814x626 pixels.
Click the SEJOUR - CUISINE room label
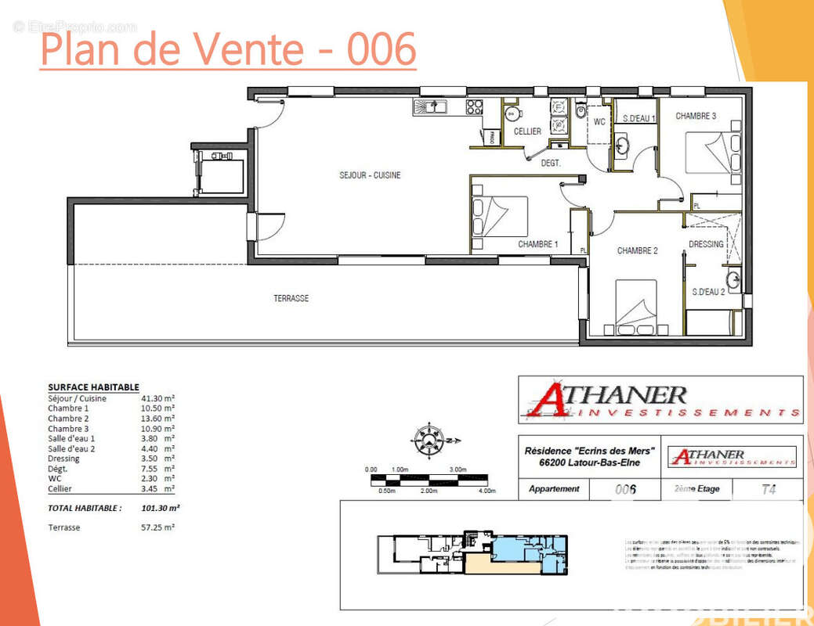pyautogui.click(x=364, y=175)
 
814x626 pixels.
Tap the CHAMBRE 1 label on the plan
pyautogui.click(x=537, y=245)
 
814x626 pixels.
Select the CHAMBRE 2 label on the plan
pyautogui.click(x=637, y=251)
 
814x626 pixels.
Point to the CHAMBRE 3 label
pyautogui.click(x=696, y=117)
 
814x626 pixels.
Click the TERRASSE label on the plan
pyautogui.click(x=291, y=298)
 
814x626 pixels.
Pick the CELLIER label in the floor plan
pyautogui.click(x=527, y=131)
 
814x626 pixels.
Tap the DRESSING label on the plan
pyautogui.click(x=706, y=244)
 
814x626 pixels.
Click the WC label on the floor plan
pyautogui.click(x=599, y=122)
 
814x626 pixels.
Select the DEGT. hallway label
pyautogui.click(x=551, y=163)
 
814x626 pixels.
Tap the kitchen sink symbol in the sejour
pyautogui.click(x=429, y=106)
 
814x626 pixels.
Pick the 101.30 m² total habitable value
pyautogui.click(x=161, y=508)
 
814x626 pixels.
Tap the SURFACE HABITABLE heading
pyautogui.click(x=93, y=387)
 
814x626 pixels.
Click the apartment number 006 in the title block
pyautogui.click(x=624, y=490)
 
